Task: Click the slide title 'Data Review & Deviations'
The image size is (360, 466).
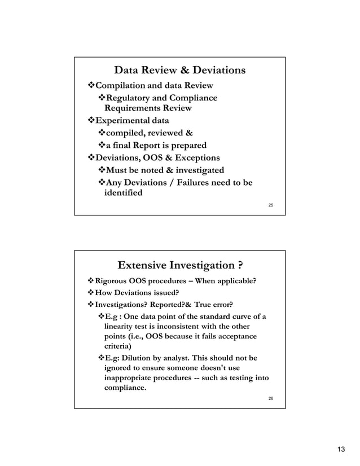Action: click(x=179, y=71)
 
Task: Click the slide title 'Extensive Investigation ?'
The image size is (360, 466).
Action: click(x=179, y=265)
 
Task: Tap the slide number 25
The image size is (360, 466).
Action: click(x=271, y=205)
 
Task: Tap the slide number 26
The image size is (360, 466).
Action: click(x=271, y=399)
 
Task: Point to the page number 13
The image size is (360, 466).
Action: click(x=340, y=449)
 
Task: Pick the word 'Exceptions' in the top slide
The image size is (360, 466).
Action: click(x=196, y=157)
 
